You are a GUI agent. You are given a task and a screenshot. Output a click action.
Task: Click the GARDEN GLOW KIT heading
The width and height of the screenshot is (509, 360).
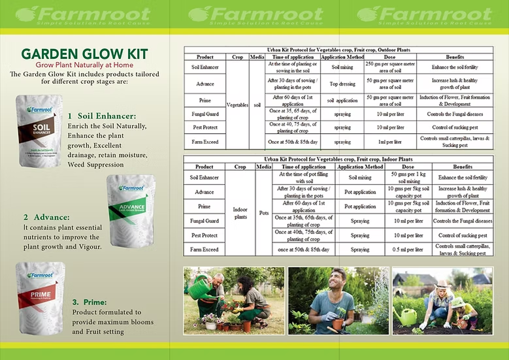click(x=84, y=54)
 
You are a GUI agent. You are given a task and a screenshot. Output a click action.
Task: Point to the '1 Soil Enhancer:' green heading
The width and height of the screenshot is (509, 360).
click(x=102, y=115)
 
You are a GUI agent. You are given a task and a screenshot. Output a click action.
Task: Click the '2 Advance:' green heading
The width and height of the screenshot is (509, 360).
click(x=46, y=217)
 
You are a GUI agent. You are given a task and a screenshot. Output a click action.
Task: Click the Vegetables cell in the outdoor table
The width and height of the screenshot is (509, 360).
click(x=238, y=104)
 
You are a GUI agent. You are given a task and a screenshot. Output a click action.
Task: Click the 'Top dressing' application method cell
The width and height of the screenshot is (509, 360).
click(x=343, y=84)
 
